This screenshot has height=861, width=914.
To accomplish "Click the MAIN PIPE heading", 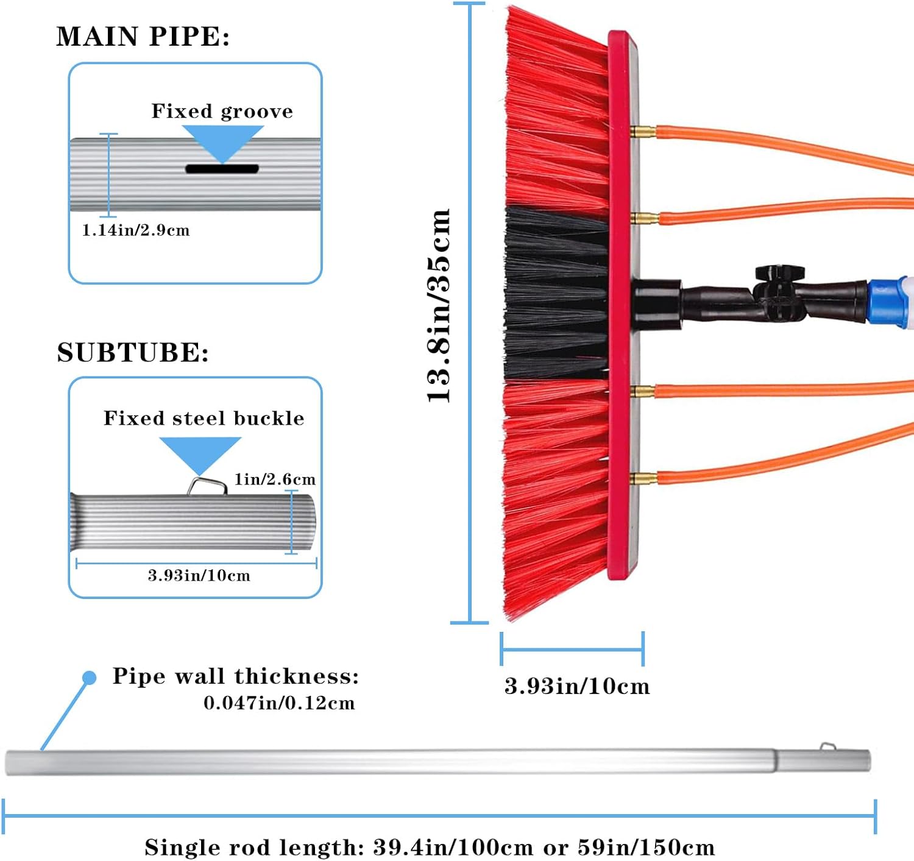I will point(143,37).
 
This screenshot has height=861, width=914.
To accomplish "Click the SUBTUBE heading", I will point(133,352).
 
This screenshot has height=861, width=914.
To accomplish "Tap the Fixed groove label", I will point(222,111).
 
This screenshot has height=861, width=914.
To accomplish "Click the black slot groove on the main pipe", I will point(222,169).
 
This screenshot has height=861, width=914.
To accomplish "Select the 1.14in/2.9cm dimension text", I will point(136,230).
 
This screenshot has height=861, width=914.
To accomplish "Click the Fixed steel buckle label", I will point(204,418).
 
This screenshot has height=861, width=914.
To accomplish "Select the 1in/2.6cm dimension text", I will point(275,480).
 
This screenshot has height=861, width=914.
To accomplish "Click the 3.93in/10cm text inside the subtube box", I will point(199,575).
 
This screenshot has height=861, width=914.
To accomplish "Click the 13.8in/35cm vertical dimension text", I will point(438,305).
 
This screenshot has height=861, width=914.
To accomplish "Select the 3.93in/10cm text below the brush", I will point(576,686).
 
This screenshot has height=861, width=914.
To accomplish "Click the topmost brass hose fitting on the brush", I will point(642,132).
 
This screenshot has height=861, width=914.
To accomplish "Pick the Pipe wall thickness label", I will point(236,676).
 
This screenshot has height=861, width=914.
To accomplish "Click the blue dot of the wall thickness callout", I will point(90,678).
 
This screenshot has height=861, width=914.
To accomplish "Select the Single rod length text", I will point(430,847).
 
